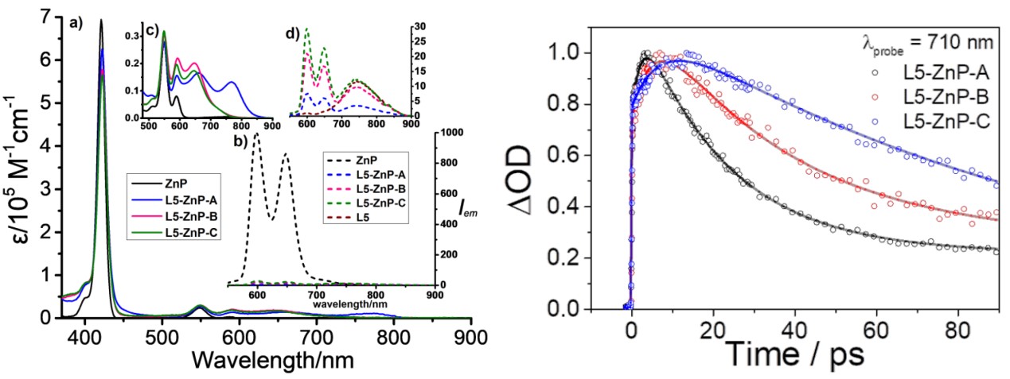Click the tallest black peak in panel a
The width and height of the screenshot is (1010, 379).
101,21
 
